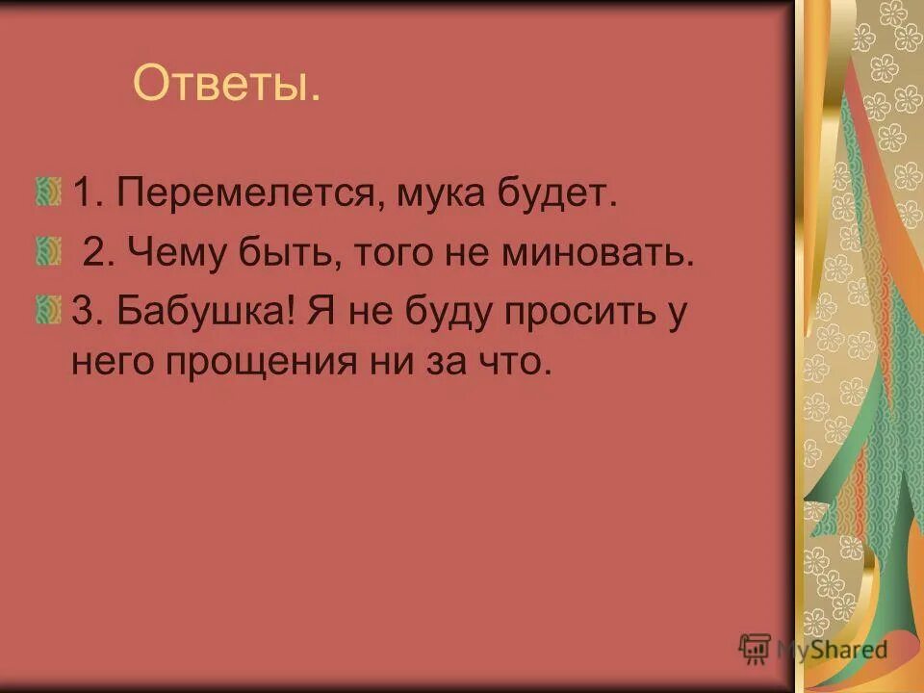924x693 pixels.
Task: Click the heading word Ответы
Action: click(x=226, y=85)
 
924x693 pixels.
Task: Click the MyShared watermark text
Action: click(x=833, y=649)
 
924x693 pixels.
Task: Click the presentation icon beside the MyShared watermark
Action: click(x=755, y=649)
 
